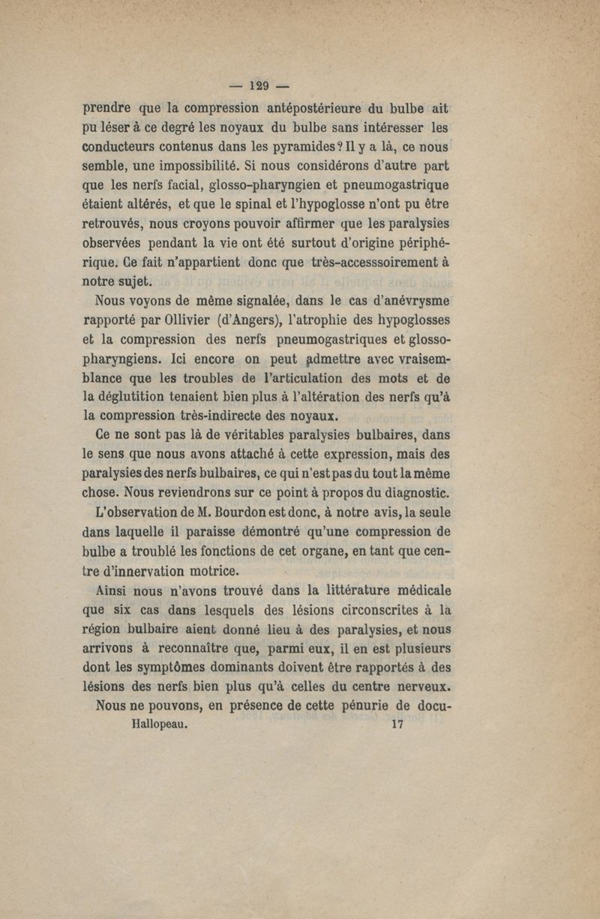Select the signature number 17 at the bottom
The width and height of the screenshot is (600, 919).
397,725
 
